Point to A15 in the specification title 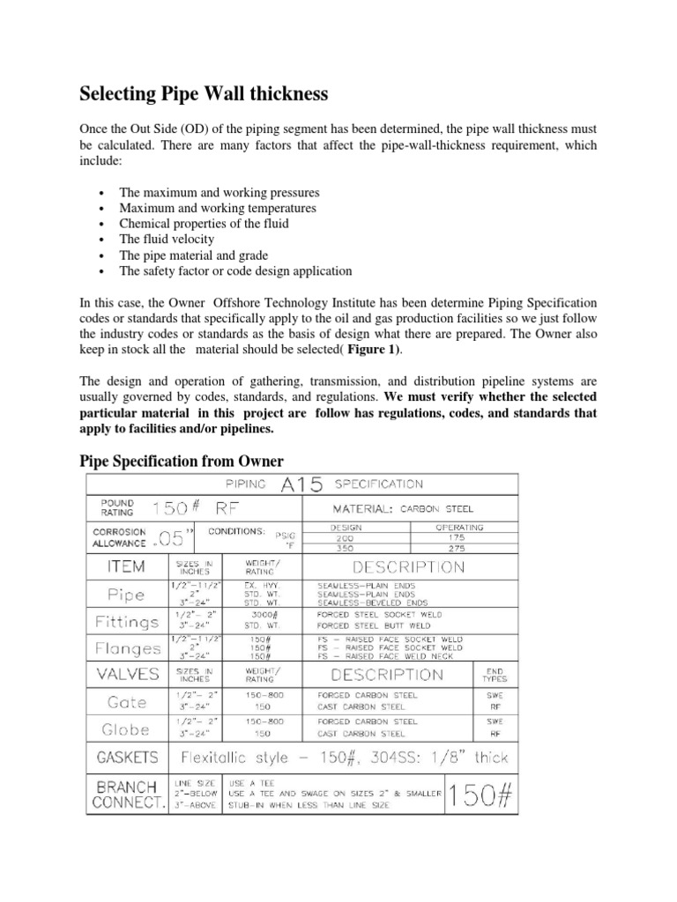[298, 484]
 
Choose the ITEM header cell [126, 567]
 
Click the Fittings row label [126, 621]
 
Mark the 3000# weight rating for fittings [264, 614]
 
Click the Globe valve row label [126, 728]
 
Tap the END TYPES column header [494, 675]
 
